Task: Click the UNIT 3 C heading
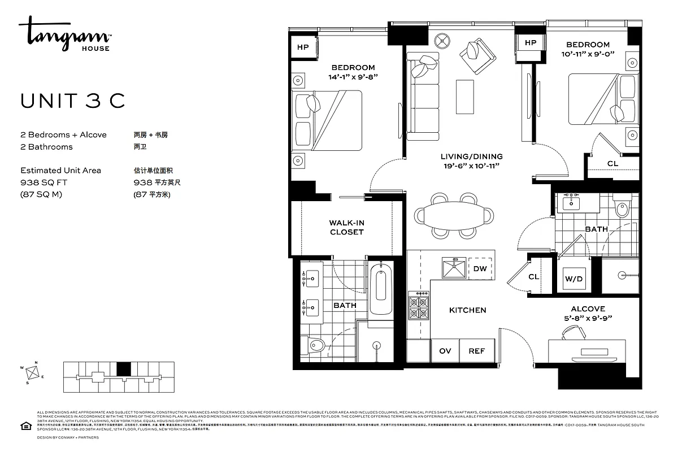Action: click(72, 101)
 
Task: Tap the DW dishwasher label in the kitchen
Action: click(480, 269)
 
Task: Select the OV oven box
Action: click(445, 351)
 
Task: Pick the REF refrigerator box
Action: click(477, 351)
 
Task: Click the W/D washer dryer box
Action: click(573, 279)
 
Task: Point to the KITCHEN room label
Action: click(467, 310)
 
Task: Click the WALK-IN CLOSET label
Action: click(346, 228)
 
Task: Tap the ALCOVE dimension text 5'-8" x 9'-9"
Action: click(588, 318)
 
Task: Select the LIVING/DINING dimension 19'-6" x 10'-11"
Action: click(471, 166)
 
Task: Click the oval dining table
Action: click(454, 215)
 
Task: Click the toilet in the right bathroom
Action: click(621, 208)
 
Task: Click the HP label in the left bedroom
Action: click(303, 47)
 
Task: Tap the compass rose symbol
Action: click(34, 373)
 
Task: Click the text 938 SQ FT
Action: click(43, 182)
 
